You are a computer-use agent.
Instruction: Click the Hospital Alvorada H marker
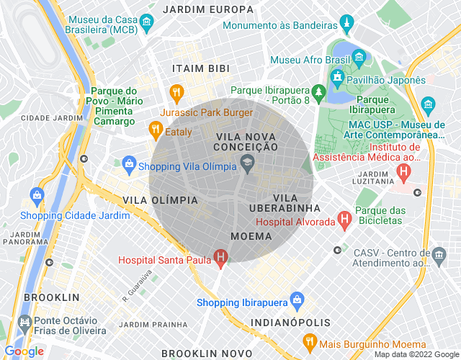pos(344,218)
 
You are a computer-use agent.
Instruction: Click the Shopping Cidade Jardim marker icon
pos(36,194)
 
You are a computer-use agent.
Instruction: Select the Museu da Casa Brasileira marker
pos(146,22)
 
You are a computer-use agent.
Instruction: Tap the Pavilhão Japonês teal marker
pos(336,77)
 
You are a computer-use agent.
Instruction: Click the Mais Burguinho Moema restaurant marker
pos(310,341)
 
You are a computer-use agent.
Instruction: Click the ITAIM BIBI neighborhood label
pos(200,68)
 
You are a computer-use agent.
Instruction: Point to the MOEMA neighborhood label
pos(251,236)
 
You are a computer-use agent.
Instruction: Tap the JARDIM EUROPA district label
pos(208,10)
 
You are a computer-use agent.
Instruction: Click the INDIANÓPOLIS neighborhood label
pos(290,323)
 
